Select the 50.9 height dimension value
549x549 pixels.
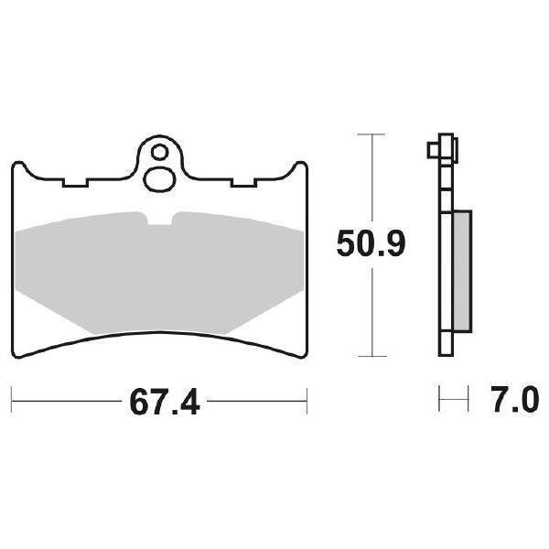pyautogui.click(x=369, y=243)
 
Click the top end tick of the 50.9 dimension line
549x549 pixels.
pyautogui.click(x=369, y=135)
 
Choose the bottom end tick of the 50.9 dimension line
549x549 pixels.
pyautogui.click(x=369, y=355)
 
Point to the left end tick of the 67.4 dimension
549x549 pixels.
pyautogui.click(x=12, y=399)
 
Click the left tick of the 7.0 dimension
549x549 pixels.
pyautogui.click(x=441, y=399)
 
